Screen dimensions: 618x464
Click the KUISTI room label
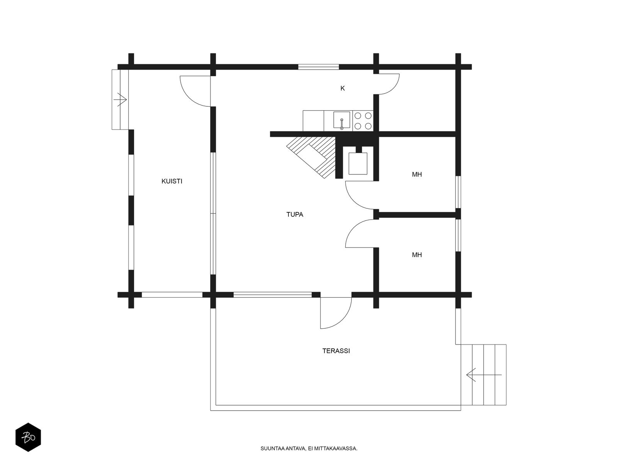click(x=172, y=181)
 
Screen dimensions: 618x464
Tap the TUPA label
click(x=294, y=214)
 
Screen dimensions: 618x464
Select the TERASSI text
click(x=336, y=351)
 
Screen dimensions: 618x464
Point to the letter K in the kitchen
click(x=342, y=88)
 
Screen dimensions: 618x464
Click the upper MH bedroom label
click(x=417, y=174)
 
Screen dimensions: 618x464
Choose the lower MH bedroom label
click(x=417, y=255)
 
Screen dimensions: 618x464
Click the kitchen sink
click(x=341, y=120)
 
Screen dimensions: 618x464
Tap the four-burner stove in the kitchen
click(x=363, y=121)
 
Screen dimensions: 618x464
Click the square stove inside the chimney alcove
click(x=358, y=164)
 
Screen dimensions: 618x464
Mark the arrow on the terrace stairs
click(x=484, y=375)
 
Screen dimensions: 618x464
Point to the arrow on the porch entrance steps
click(x=120, y=99)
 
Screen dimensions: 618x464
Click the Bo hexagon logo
click(x=28, y=437)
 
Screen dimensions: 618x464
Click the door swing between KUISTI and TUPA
click(x=195, y=91)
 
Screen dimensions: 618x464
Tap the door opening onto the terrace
click(x=336, y=313)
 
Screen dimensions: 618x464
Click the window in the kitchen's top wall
click(x=318, y=67)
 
